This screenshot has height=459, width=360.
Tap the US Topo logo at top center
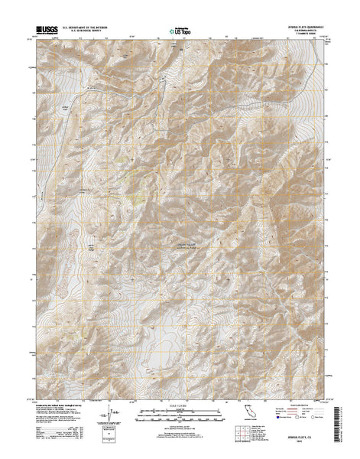coord(180,31)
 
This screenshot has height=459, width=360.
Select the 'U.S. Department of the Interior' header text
coord(89,27)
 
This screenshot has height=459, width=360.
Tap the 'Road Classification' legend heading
coord(307,405)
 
